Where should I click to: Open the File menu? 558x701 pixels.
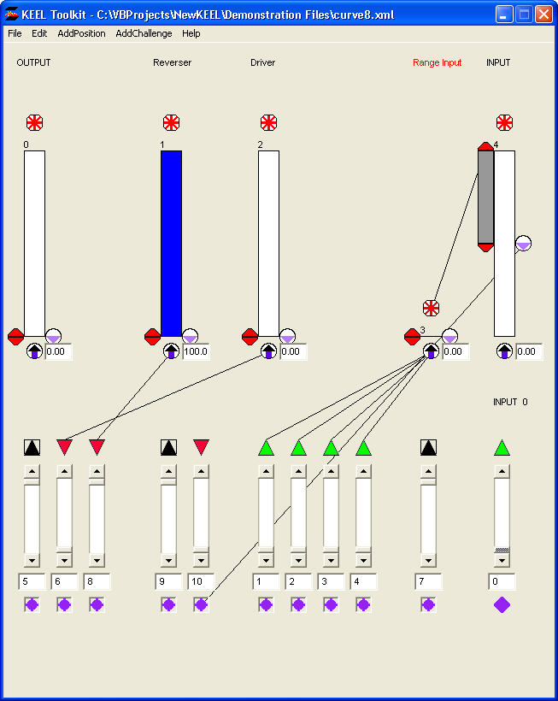point(15,33)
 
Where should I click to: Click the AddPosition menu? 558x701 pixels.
point(81,33)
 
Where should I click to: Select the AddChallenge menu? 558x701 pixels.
point(144,33)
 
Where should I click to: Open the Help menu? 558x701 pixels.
point(191,33)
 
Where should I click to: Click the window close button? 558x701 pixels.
point(543,14)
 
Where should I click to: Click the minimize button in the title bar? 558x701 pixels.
point(504,14)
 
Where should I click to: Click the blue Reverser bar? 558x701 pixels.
point(171,243)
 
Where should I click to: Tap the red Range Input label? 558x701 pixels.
point(437,62)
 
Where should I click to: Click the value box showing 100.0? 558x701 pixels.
point(196,351)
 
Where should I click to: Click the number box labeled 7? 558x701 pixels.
point(429,581)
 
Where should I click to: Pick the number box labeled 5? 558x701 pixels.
point(32,581)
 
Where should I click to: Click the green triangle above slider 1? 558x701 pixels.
point(267,447)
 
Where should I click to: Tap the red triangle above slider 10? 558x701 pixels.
point(202,446)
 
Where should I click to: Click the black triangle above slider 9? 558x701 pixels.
point(169,446)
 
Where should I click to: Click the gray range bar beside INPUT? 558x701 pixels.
point(485,197)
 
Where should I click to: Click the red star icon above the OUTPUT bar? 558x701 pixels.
point(34,122)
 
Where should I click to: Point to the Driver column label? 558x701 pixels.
point(263,62)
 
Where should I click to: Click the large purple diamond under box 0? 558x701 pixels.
point(502,604)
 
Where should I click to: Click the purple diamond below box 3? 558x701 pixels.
point(332,604)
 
